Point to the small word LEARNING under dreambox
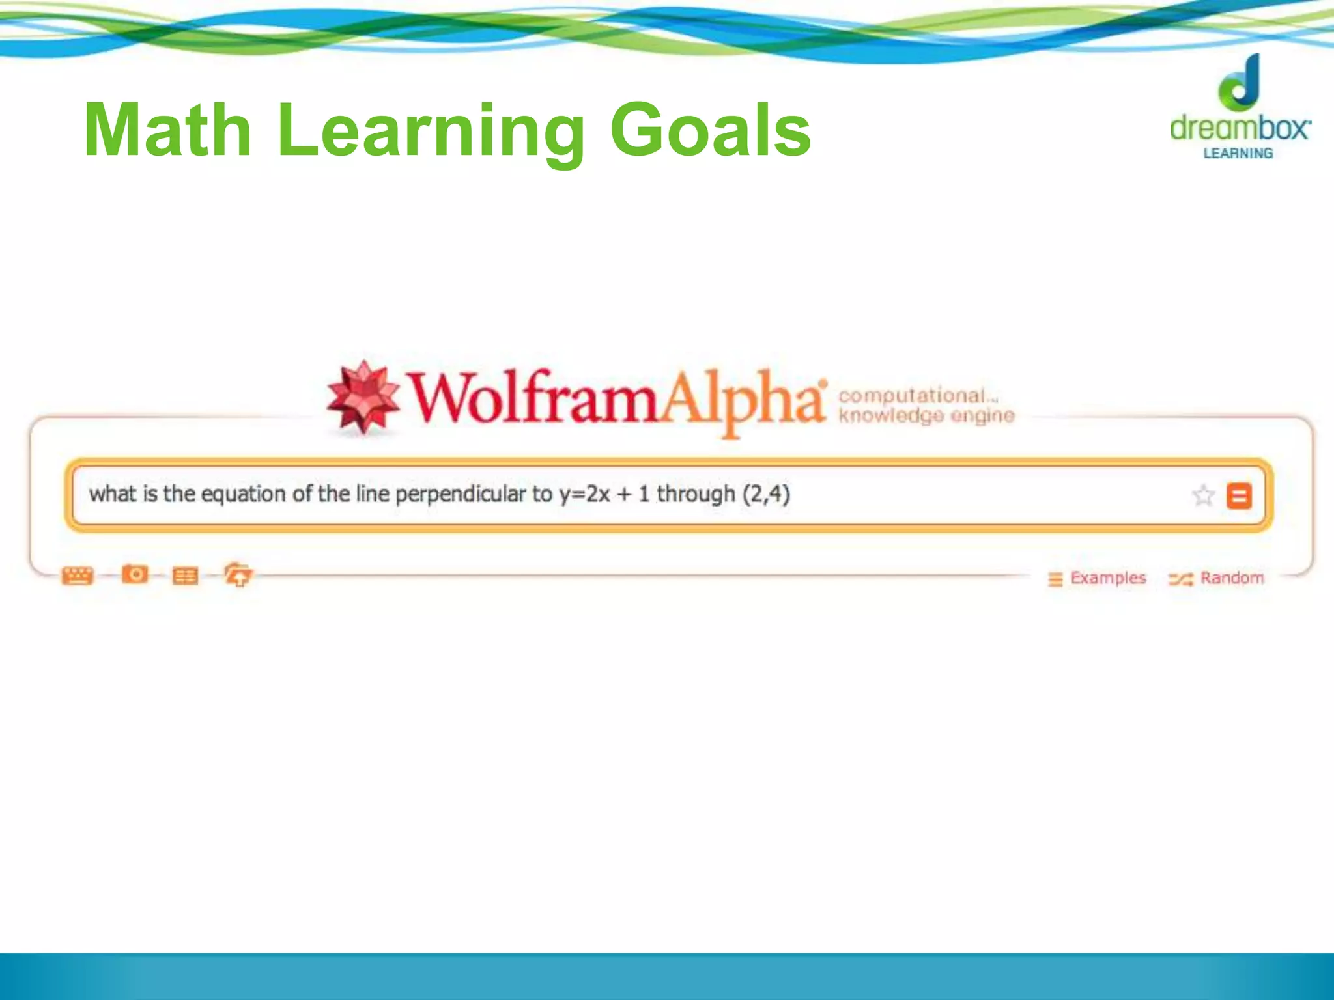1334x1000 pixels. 1238,154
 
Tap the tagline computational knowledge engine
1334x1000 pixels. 925,406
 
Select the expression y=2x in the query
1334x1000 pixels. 584,494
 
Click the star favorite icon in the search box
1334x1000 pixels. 1202,495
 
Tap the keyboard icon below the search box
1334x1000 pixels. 78,576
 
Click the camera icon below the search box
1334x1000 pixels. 135,574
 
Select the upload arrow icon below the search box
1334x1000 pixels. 238,575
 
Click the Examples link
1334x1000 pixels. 1107,578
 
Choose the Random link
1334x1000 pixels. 1231,578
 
